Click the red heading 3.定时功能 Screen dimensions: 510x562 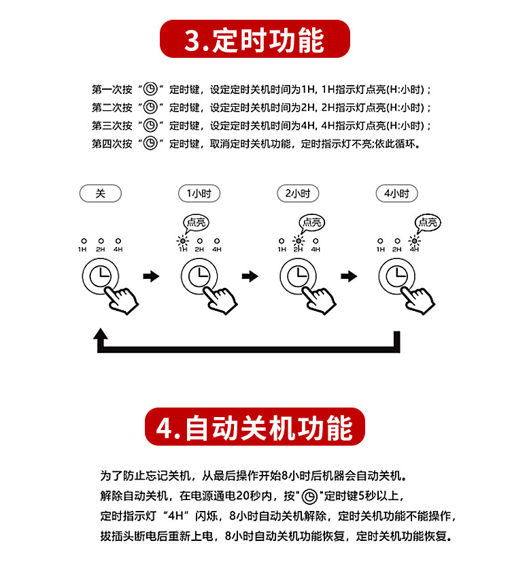254,39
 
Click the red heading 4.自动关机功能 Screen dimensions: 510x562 254,427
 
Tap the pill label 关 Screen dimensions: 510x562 100,193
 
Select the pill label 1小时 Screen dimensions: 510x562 199,193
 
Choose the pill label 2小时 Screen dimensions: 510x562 298,193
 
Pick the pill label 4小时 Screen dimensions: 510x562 396,193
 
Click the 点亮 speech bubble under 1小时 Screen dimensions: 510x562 197,222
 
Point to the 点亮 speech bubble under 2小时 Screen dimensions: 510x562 313,222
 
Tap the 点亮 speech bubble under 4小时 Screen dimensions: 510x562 428,222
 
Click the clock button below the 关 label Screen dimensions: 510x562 100,277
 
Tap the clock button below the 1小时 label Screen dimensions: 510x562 199,277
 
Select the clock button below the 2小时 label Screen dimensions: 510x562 298,277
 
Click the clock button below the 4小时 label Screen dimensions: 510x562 396,277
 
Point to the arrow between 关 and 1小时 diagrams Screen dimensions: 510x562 151,276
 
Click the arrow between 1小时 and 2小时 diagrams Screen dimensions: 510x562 250,276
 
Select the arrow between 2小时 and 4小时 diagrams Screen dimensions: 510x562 349,276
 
